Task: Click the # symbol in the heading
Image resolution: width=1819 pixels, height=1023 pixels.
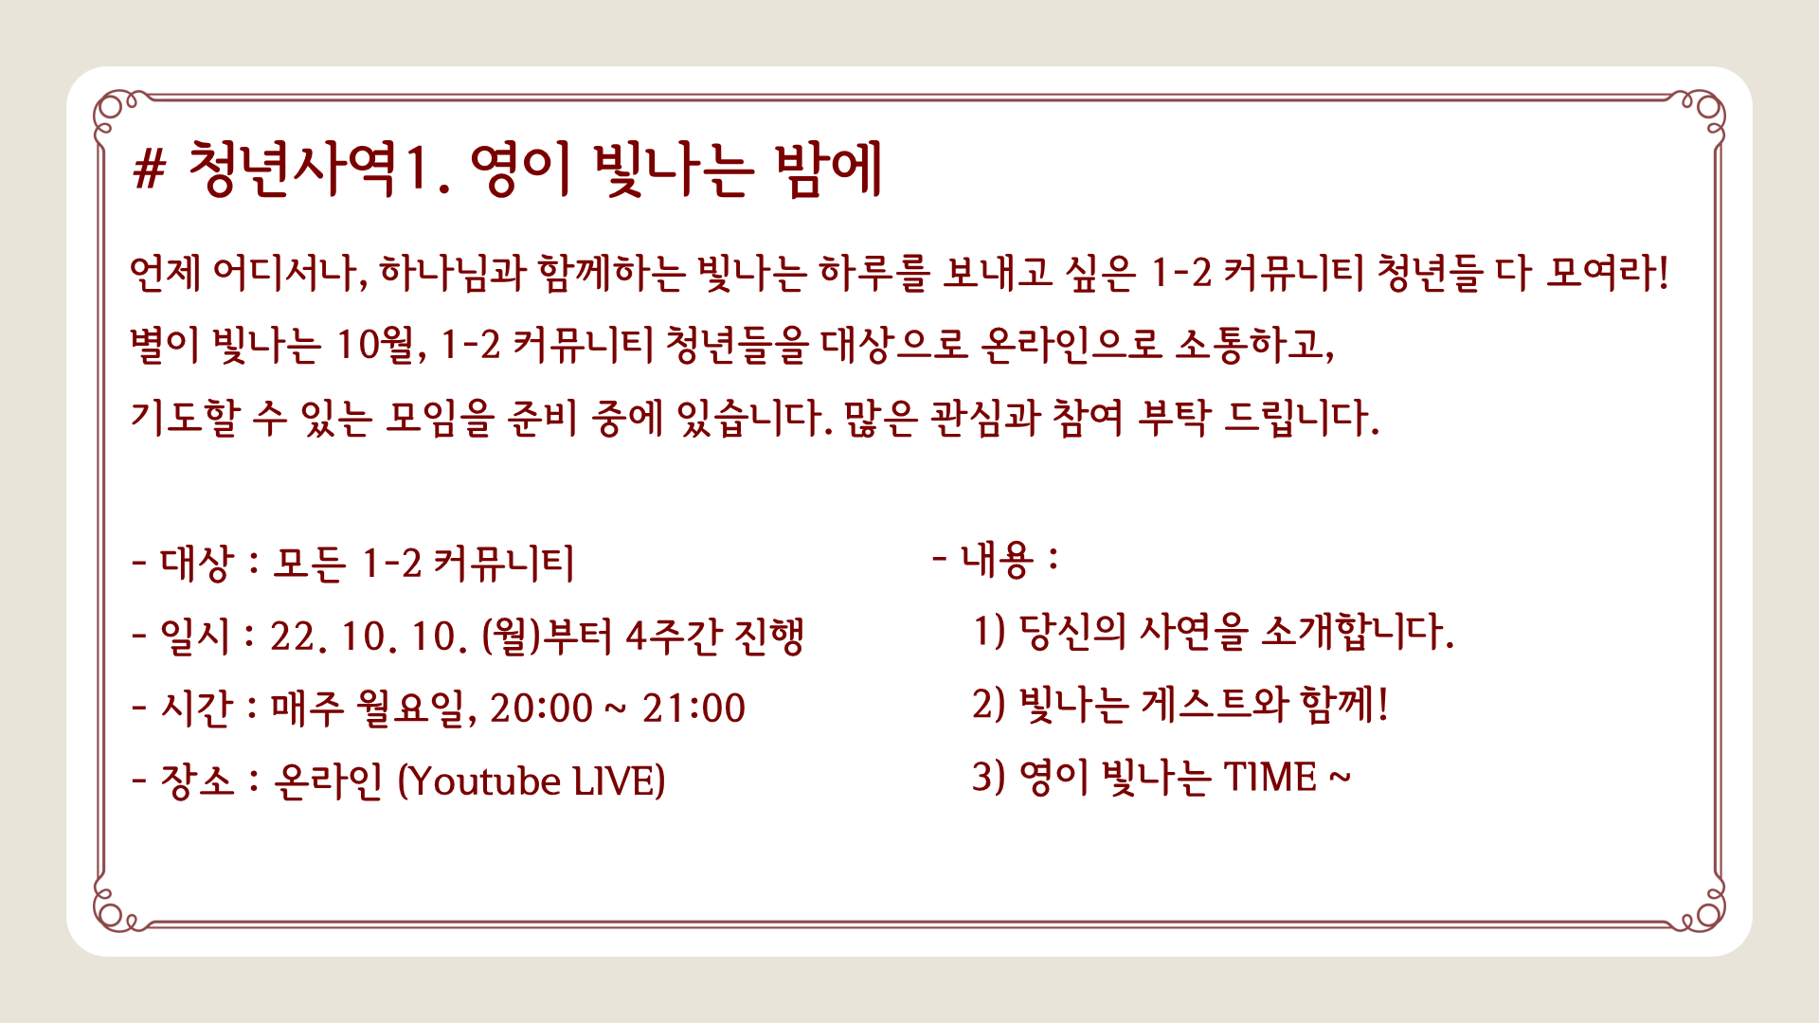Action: tap(150, 170)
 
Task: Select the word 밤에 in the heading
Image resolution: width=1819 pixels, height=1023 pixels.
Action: tap(828, 170)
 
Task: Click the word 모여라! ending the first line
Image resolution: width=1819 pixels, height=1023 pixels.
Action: tap(1607, 273)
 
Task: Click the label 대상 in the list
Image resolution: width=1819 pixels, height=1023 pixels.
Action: tap(197, 564)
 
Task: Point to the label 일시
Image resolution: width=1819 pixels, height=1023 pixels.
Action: tap(195, 636)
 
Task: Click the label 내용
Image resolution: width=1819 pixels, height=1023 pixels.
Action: tap(997, 559)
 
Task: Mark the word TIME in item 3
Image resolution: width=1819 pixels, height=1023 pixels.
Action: tap(1270, 778)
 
